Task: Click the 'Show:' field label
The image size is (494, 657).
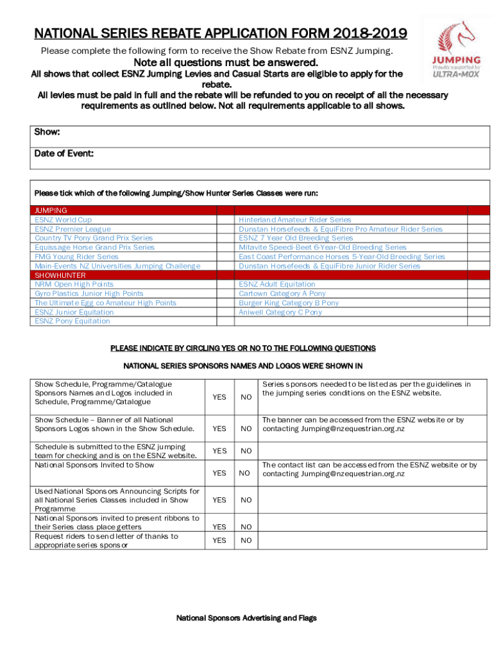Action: tap(47, 132)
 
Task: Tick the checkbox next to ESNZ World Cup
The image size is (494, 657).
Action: tap(225, 219)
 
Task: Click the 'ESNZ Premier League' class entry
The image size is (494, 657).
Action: tap(72, 229)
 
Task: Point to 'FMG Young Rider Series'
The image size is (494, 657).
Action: tap(76, 257)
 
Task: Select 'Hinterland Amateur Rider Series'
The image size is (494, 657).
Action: tap(294, 219)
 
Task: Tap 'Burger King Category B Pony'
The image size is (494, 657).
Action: tap(289, 303)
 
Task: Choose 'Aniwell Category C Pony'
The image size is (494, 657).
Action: tap(280, 312)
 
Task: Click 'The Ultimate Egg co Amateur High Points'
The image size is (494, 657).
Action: tap(105, 303)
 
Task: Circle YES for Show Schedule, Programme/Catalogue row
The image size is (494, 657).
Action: tap(219, 397)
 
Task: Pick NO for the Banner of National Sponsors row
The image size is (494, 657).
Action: tap(246, 429)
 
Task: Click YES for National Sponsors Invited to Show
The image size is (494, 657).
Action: tap(219, 473)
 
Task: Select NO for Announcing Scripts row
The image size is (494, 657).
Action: tap(246, 499)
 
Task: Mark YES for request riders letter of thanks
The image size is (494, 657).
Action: tap(219, 540)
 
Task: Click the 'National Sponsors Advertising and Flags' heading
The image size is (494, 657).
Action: tap(246, 618)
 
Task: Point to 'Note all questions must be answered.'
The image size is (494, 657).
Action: tap(225, 63)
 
